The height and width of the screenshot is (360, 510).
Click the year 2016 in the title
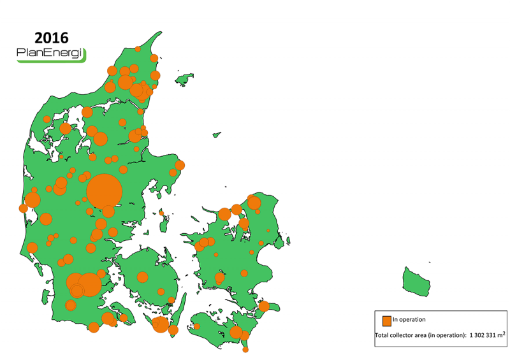tap(51, 38)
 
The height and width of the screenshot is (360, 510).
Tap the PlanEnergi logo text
tap(50, 55)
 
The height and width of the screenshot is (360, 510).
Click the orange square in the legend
tap(386, 320)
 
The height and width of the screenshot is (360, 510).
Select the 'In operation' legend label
tap(409, 320)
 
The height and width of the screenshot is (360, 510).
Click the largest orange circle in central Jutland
tap(104, 191)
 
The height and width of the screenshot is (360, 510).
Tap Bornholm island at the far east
tap(416, 280)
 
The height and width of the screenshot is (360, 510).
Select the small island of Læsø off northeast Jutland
tap(184, 79)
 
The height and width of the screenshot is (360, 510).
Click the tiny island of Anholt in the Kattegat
tap(217, 134)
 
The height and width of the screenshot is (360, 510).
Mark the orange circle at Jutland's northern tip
tap(138, 49)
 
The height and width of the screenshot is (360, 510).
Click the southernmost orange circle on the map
tap(245, 349)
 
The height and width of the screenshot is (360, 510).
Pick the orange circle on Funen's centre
tap(142, 277)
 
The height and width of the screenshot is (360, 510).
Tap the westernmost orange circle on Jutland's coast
tap(24, 208)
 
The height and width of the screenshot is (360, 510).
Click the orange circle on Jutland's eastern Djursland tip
tap(180, 165)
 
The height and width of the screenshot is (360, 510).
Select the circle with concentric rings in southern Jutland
tap(77, 291)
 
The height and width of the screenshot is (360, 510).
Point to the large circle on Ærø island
tap(161, 325)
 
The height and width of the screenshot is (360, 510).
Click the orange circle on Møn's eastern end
tap(264, 306)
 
